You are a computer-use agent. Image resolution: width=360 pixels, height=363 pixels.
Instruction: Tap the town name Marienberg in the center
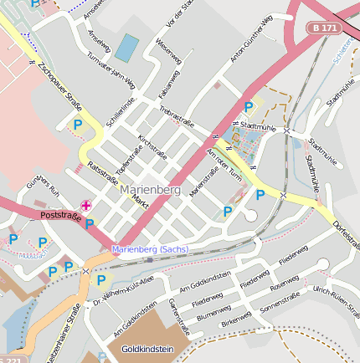click(145, 190)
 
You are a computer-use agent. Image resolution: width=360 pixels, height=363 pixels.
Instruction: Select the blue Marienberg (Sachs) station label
click(151, 249)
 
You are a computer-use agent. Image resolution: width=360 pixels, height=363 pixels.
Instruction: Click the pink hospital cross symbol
click(85, 205)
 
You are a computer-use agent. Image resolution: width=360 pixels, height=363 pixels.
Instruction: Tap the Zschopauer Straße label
click(59, 88)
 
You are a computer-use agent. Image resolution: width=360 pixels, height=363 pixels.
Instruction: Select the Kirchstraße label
click(152, 146)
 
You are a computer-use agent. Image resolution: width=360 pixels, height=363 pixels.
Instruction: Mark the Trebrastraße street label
click(177, 117)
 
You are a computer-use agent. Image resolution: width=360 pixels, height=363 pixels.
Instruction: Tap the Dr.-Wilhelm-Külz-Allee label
click(124, 290)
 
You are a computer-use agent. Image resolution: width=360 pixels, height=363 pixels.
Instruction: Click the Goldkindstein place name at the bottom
click(148, 348)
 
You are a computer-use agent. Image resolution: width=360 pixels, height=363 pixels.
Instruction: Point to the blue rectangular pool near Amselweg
click(126, 48)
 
